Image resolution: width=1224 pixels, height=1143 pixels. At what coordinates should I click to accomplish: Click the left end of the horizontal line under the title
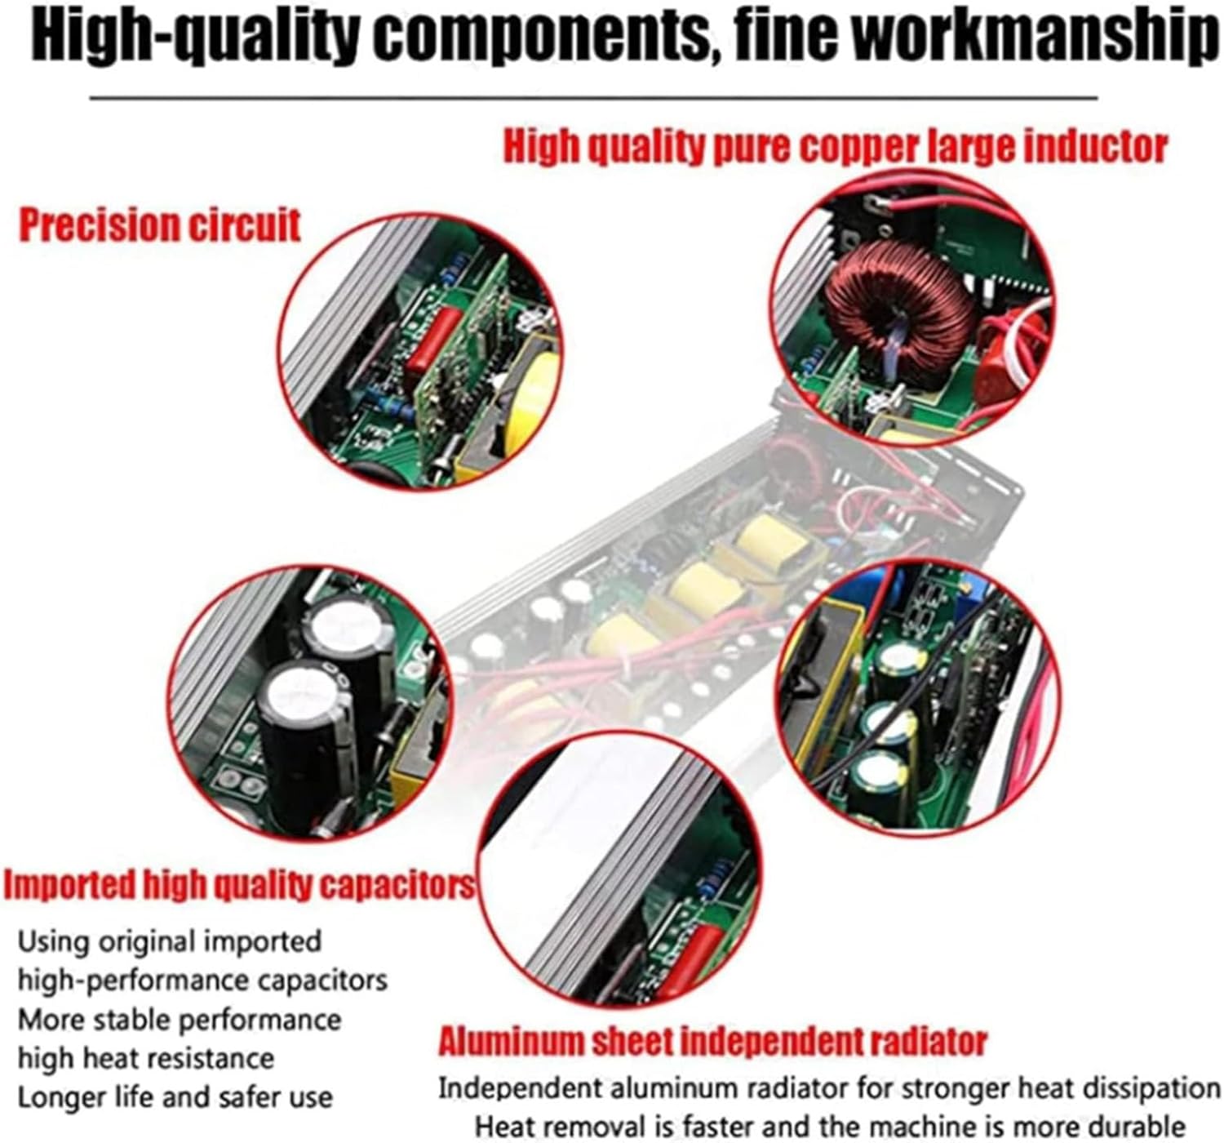point(90,97)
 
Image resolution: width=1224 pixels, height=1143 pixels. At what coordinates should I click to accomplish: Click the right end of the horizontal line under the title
point(1098,97)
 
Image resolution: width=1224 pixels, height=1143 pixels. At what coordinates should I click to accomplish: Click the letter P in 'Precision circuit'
point(30,225)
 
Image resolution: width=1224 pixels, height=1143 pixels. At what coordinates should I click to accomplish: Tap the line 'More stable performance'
point(180,1020)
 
